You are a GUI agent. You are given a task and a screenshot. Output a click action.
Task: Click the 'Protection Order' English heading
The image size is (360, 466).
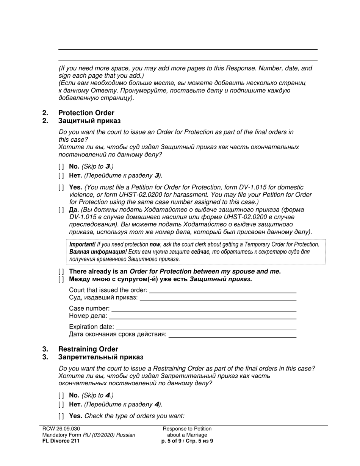pos(86,113)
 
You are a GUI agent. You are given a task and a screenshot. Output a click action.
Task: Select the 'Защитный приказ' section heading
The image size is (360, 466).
pos(89,121)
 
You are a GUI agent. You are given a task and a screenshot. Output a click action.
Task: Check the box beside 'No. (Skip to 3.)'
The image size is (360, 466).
pos(61,166)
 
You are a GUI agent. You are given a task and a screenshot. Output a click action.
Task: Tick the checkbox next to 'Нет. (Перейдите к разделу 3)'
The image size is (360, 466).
pos(61,175)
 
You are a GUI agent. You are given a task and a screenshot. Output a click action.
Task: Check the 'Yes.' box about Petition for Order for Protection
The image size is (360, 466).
pos(61,188)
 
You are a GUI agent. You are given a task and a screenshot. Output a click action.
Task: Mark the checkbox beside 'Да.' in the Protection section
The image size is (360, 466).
pos(61,210)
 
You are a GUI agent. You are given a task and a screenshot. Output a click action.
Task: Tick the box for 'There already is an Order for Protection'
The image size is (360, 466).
pos(61,272)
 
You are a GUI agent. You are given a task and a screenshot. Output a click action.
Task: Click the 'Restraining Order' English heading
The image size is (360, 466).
pos(88,349)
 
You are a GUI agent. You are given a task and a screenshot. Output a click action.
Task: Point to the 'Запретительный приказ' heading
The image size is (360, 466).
pos(100,357)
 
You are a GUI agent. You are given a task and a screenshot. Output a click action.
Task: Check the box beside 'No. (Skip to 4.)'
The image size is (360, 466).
pos(61,396)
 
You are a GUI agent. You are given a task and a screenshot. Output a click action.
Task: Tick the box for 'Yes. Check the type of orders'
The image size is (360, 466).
pos(61,416)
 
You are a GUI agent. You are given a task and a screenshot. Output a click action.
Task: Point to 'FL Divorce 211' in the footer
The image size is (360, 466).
pos(61,441)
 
